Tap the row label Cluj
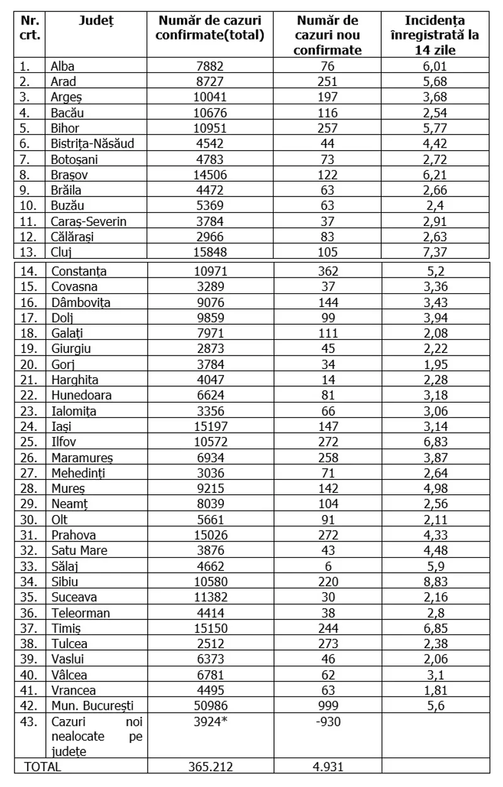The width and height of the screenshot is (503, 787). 62,252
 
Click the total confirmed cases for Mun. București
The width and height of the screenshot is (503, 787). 209,705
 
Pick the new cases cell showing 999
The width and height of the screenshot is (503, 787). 327,705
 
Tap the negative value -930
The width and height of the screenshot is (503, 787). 327,722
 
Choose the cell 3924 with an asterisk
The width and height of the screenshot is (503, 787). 209,722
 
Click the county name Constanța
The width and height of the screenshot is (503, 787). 79,271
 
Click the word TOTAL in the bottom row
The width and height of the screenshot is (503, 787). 43,766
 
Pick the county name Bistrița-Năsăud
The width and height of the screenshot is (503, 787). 92,143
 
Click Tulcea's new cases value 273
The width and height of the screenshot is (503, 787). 327,643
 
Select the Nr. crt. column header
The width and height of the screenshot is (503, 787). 30,28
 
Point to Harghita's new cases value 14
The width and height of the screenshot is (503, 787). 327,379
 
